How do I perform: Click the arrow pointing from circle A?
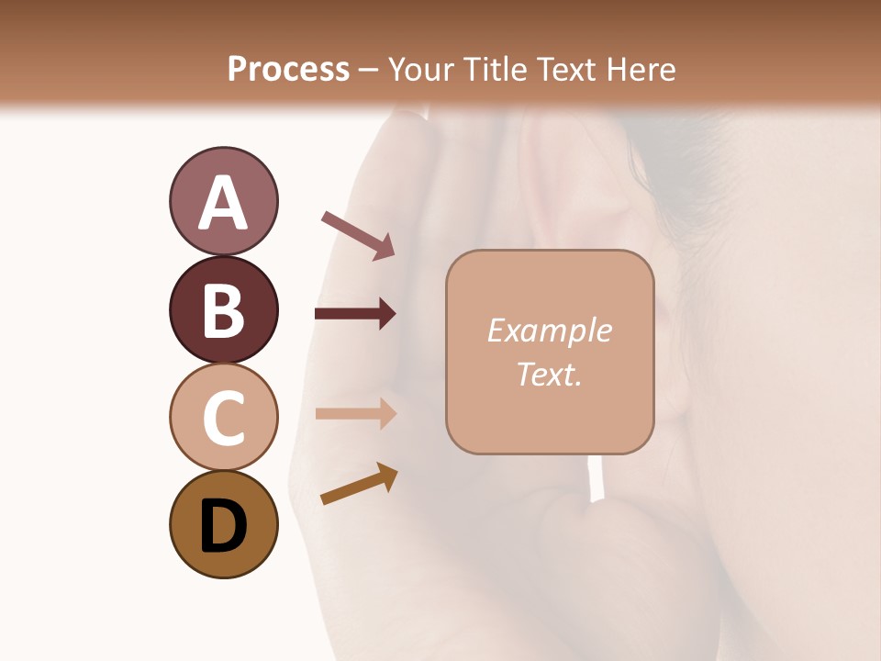(x=358, y=234)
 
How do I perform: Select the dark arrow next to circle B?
(x=355, y=314)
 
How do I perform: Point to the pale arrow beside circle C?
(x=355, y=413)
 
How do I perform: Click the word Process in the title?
(x=288, y=69)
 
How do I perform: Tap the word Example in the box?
(x=549, y=330)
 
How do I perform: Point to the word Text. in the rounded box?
(x=549, y=374)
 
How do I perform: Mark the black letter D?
(x=223, y=526)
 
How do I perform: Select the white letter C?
(x=223, y=418)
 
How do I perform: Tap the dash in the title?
(x=368, y=70)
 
